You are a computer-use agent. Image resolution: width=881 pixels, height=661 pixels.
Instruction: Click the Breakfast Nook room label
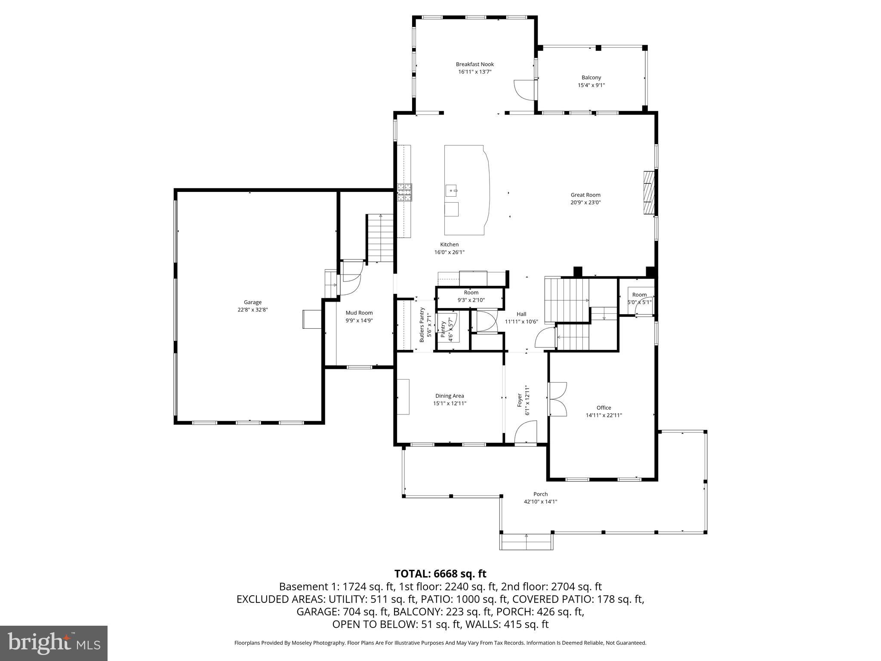pos(474,64)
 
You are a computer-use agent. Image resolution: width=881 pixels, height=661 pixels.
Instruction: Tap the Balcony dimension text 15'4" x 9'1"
pos(591,85)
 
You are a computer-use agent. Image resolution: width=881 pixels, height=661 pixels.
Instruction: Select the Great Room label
pos(585,195)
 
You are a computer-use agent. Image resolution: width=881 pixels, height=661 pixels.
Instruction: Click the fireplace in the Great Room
pos(649,192)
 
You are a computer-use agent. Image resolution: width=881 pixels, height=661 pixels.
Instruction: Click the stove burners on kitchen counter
pos(404,192)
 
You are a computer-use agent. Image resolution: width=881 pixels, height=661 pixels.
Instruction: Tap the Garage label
pos(253,302)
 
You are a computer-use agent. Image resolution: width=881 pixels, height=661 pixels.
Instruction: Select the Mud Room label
pos(359,313)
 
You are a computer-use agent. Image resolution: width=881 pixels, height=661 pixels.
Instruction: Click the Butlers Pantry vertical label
pos(422,325)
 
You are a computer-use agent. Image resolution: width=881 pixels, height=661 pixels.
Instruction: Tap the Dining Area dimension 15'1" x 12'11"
pos(450,404)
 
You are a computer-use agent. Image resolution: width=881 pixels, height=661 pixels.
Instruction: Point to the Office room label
pos(604,408)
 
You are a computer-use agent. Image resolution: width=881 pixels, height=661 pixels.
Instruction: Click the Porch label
pos(540,494)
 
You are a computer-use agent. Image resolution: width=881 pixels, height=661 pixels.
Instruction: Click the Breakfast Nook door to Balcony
pos(523,90)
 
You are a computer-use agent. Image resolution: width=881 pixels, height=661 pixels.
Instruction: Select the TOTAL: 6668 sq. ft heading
pos(440,574)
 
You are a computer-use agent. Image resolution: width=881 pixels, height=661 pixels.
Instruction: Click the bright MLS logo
pos(54,643)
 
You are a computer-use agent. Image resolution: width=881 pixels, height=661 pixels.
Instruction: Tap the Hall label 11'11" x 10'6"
pos(521,318)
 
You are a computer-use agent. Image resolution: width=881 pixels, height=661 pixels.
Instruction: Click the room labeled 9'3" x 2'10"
pos(471,297)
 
